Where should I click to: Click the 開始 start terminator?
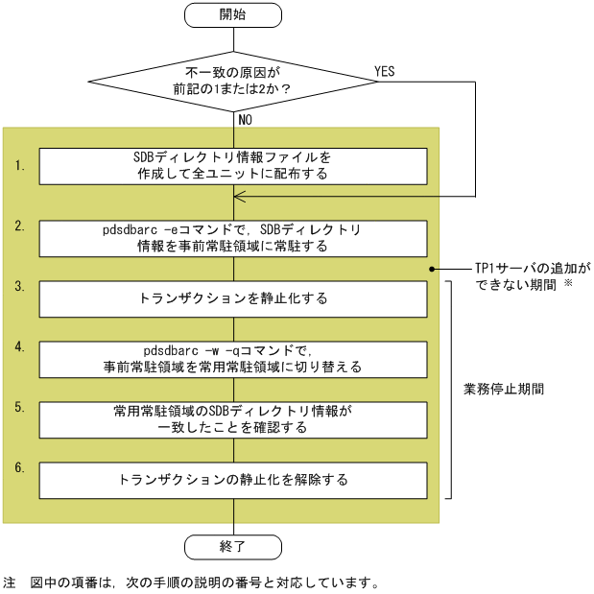pos(233,15)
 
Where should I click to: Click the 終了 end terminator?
pos(233,546)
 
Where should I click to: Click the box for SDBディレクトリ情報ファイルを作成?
pos(233,166)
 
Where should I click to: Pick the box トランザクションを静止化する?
pos(233,298)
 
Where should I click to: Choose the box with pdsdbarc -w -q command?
pos(233,359)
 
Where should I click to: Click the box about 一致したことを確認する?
pos(233,419)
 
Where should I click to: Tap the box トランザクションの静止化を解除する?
pos(233,479)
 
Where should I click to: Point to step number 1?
pos(20,166)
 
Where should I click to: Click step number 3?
pos(20,286)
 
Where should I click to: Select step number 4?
pos(20,346)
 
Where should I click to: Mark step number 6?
pos(20,466)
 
